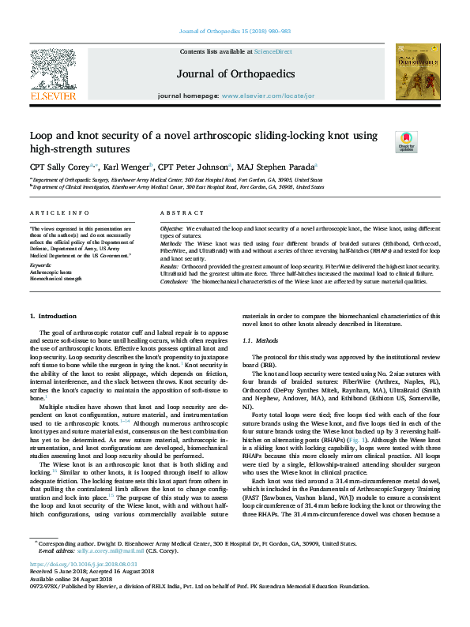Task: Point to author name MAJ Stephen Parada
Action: [x=277, y=167]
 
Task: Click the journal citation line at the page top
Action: [x=235, y=31]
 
